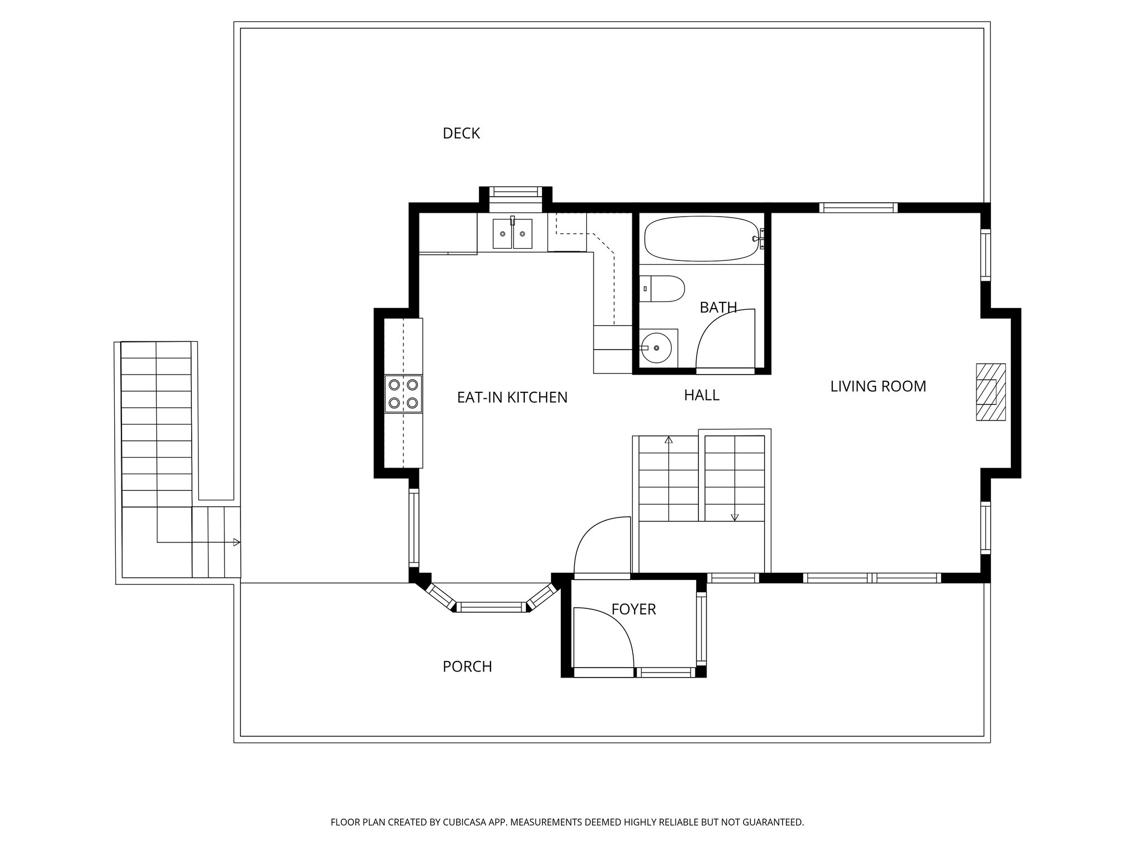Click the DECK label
(461, 134)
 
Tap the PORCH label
(467, 667)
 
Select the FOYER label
(633, 609)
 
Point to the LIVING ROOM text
(878, 386)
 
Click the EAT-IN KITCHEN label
(512, 397)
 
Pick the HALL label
(701, 395)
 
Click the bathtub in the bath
(701, 238)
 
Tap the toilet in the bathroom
(663, 289)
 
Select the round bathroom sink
(656, 348)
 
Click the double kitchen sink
(513, 234)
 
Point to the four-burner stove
(403, 394)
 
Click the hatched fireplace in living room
(990, 392)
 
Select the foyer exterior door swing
(610, 637)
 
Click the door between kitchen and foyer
(601, 546)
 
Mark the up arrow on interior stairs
(668, 440)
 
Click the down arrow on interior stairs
(735, 517)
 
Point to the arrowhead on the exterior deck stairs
(237, 542)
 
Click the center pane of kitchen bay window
(492, 608)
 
